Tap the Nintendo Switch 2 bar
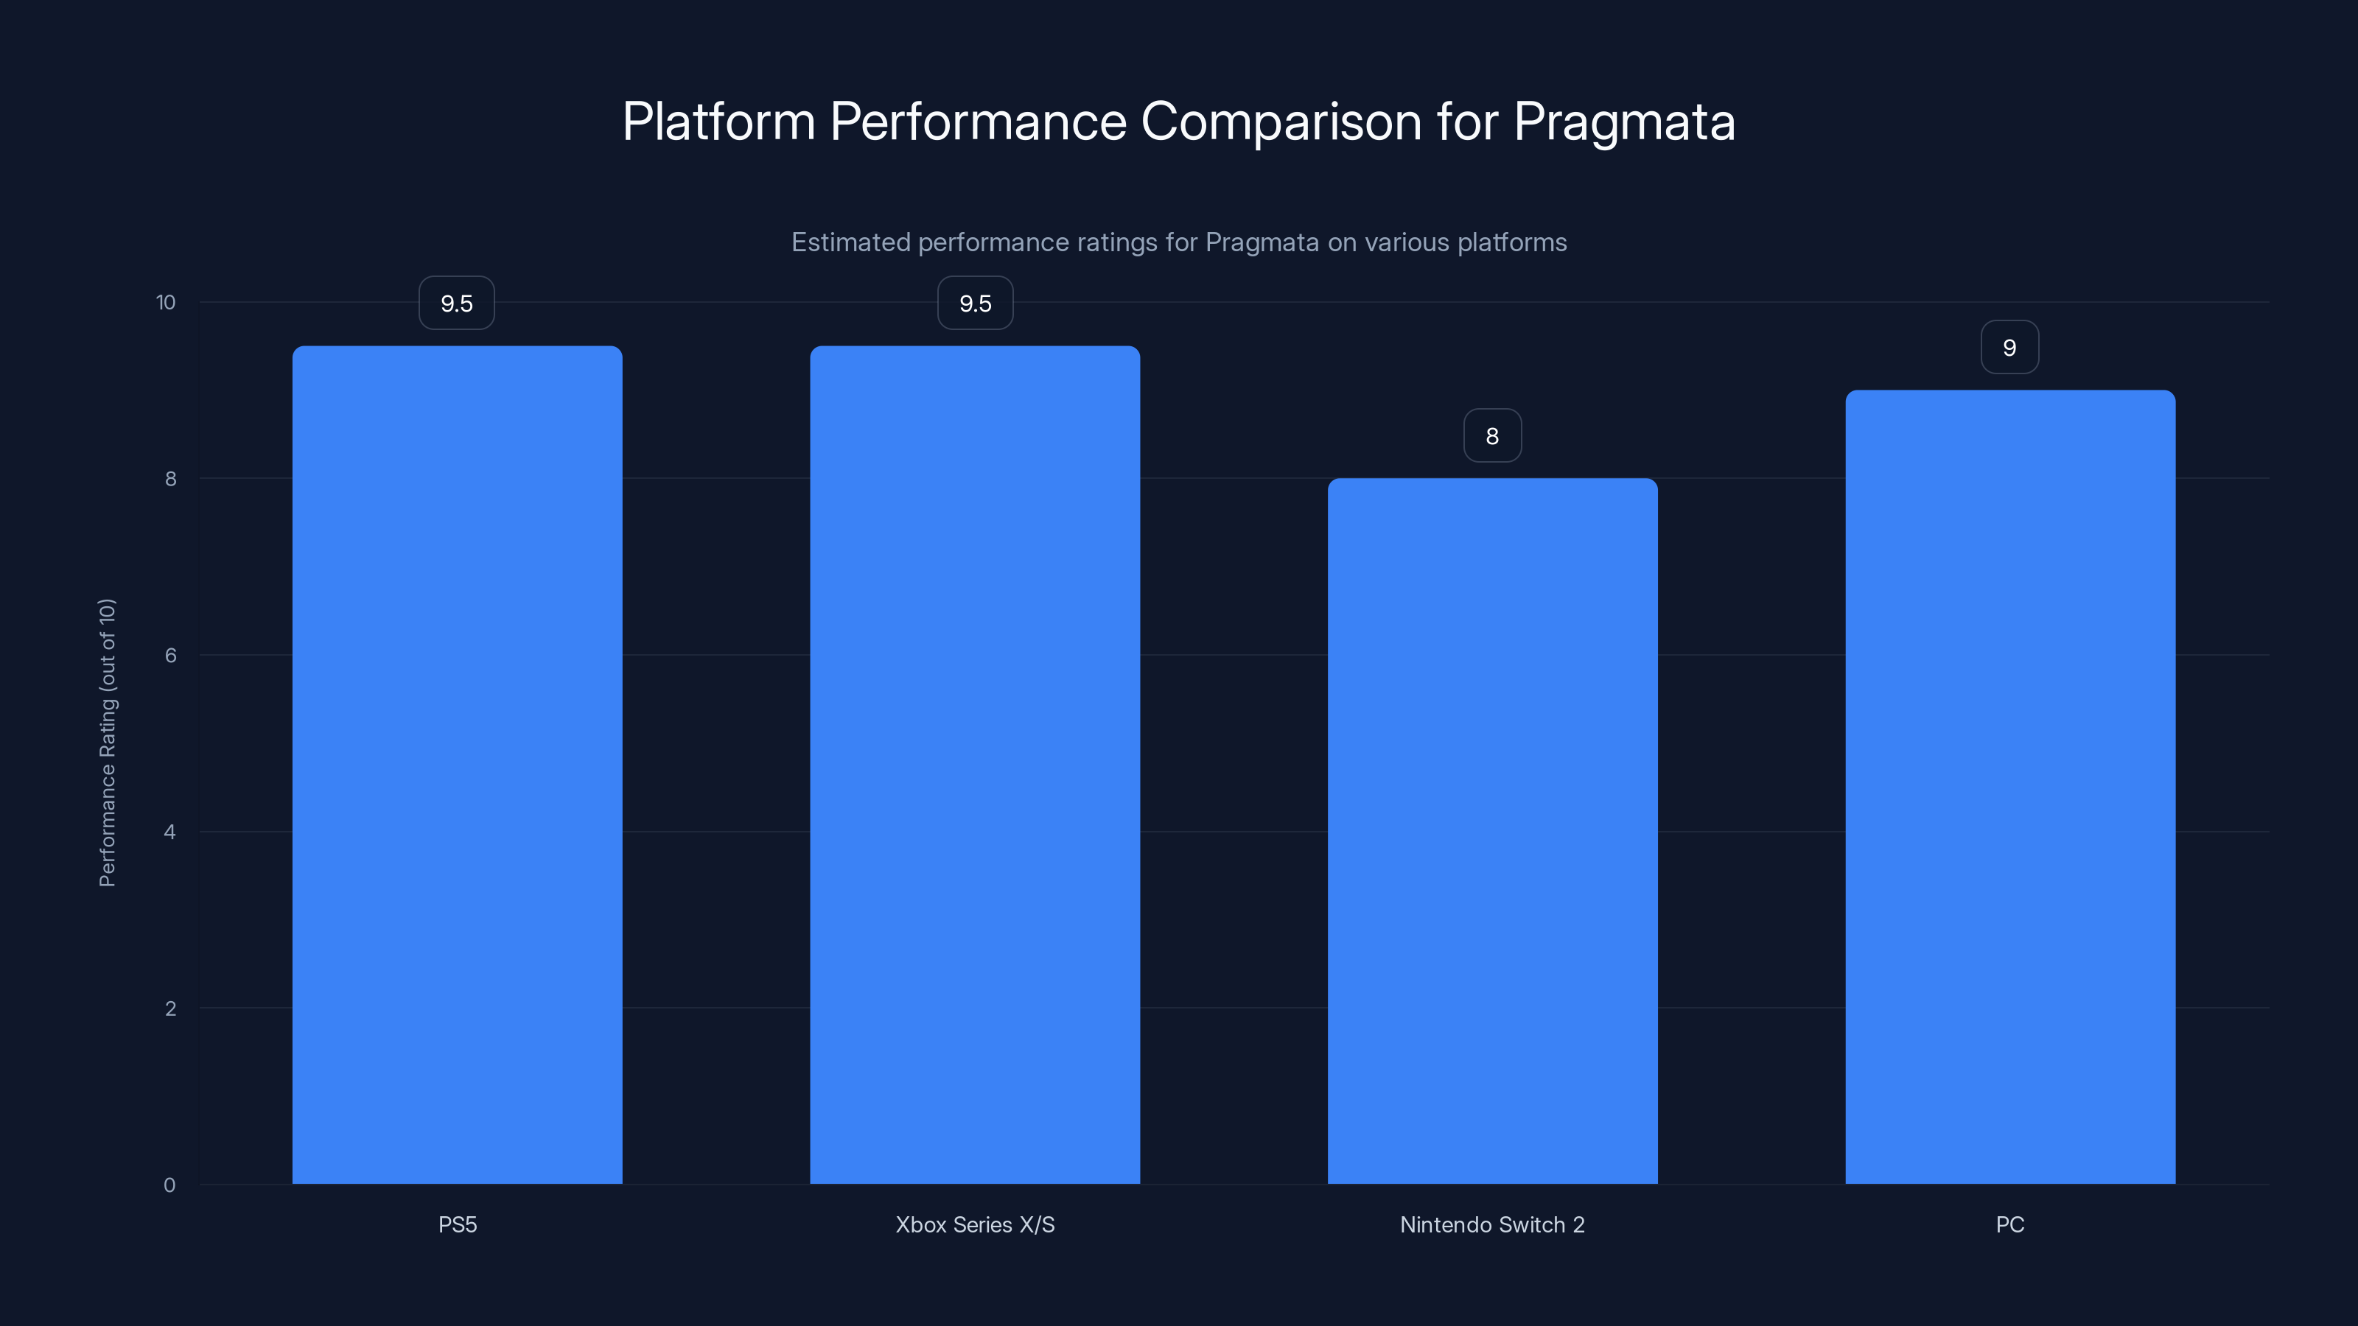point(1492,830)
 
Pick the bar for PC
point(2009,786)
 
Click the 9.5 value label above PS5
point(457,303)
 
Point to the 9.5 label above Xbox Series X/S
point(975,303)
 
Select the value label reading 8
point(1492,435)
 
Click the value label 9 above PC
point(2009,347)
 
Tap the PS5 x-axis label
point(458,1224)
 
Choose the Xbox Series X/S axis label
point(975,1224)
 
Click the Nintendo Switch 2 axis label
point(1492,1224)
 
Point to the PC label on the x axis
point(2009,1224)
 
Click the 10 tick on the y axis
point(166,302)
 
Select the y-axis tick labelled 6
point(170,655)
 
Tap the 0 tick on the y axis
point(169,1185)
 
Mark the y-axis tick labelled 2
point(170,1008)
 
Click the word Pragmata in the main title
point(1624,122)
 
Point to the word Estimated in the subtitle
point(850,242)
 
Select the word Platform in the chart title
point(718,122)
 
